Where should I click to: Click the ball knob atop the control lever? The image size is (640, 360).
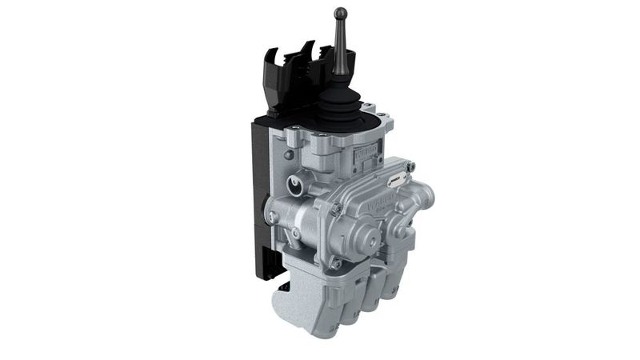click(x=340, y=14)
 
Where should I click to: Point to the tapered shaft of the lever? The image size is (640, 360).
click(x=340, y=56)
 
